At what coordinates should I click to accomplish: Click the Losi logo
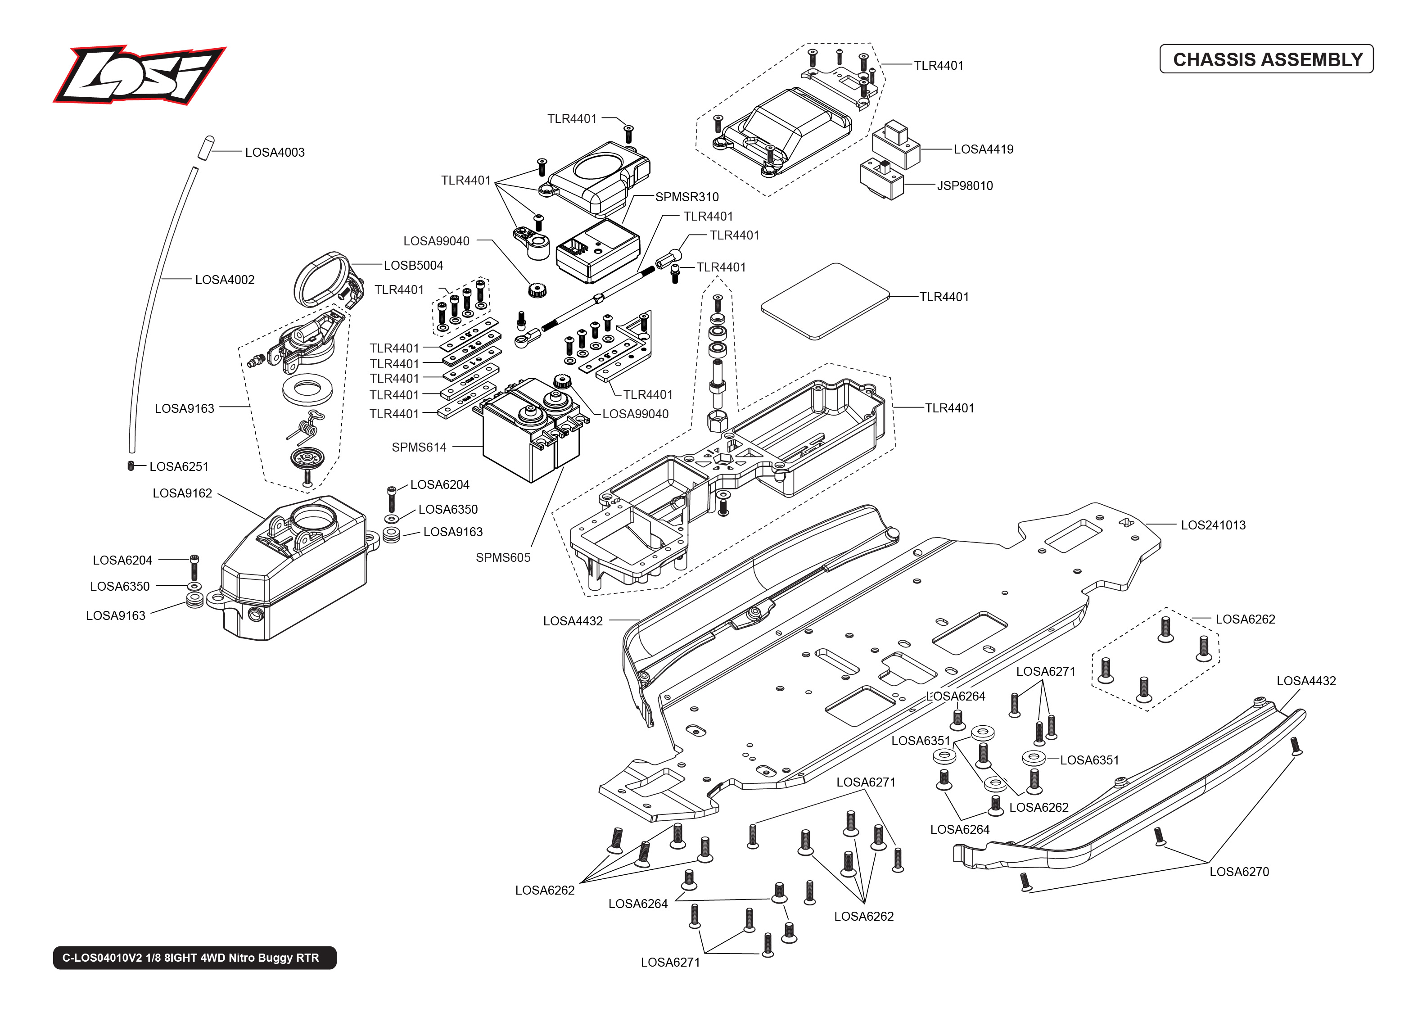point(139,74)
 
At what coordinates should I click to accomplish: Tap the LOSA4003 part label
point(274,152)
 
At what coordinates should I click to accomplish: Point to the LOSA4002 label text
point(225,280)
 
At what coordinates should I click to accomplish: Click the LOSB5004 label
point(413,266)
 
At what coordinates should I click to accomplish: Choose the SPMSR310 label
point(686,197)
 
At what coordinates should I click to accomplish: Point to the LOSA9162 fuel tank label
point(182,493)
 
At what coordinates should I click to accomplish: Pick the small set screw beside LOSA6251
point(131,466)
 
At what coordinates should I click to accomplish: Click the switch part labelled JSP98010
point(881,179)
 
